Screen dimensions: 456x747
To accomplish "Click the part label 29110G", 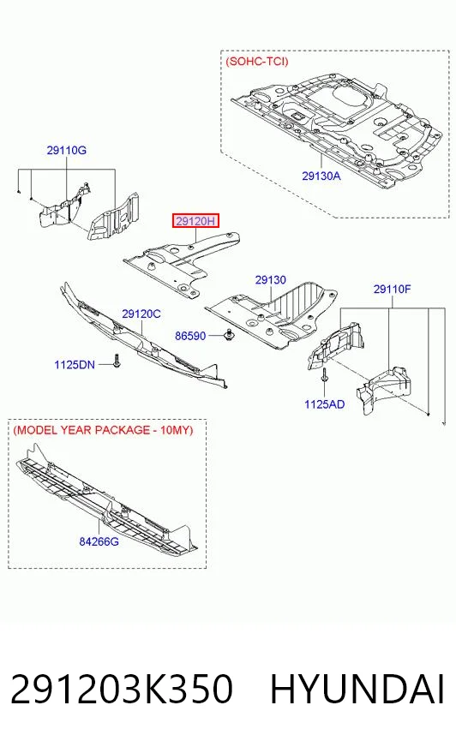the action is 66,151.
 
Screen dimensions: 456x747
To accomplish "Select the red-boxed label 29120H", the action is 195,221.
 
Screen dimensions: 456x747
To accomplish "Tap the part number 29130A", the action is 321,176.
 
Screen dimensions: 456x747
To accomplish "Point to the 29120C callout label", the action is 141,314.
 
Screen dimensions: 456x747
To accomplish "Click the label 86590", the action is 190,336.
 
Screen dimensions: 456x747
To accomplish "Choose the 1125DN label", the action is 75,365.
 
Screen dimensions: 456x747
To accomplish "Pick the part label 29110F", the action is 393,290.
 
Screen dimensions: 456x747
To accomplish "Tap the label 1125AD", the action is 325,404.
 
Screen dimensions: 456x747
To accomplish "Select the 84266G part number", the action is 99,541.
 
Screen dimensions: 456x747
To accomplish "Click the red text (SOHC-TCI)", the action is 257,62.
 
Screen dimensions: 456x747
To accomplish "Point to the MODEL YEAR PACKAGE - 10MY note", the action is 104,430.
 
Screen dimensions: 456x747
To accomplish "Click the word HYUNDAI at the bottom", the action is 357,689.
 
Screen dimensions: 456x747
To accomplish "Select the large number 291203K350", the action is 122,689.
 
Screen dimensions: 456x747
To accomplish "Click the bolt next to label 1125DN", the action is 117,361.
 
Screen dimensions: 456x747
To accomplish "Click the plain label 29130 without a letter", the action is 271,280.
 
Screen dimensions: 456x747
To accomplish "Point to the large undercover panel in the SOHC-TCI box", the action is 336,128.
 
